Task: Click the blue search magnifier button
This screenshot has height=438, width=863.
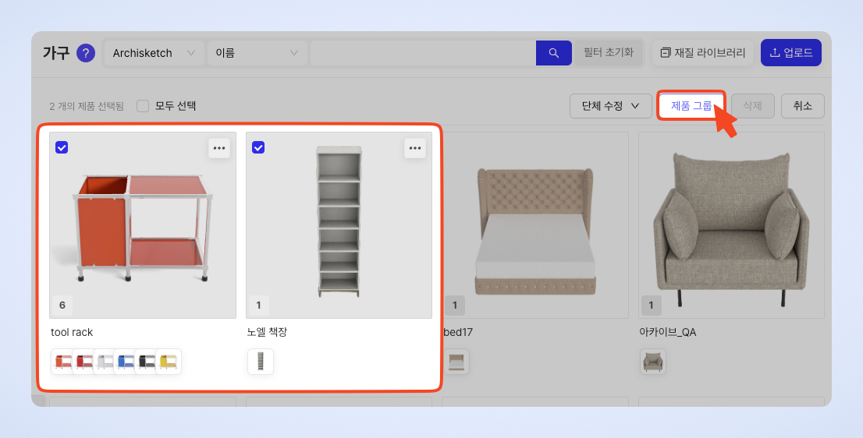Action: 554,53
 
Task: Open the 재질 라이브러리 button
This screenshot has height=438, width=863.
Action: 702,53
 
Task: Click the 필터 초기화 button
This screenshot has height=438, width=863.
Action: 608,53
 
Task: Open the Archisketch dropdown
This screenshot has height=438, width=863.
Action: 154,53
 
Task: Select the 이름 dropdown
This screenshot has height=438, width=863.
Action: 257,53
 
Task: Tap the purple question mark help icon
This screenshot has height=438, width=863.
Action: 85,53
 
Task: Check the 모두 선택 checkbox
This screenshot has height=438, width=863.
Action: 143,106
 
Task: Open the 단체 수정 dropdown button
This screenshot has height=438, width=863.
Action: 610,106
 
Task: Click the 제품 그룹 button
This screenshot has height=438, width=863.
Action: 691,105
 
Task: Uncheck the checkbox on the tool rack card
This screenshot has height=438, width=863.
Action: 62,147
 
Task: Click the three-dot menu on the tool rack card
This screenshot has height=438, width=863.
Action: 219,148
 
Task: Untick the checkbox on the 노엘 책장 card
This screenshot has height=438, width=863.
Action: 258,147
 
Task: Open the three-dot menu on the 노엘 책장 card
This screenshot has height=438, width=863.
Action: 415,148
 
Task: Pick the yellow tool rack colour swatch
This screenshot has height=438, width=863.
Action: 169,362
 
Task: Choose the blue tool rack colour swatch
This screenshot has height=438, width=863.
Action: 126,362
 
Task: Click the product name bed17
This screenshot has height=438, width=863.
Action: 458,332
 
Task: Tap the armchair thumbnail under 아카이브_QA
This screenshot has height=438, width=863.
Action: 653,362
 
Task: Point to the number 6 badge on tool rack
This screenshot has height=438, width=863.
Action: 62,305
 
